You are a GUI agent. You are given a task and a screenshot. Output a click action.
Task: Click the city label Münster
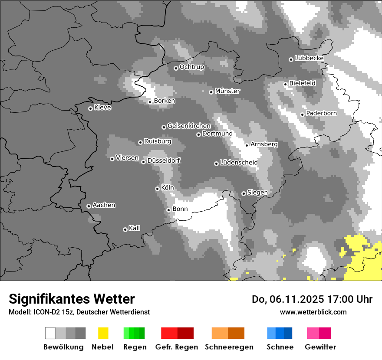pyautogui.click(x=227, y=91)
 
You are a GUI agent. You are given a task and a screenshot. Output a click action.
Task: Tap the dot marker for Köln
pyautogui.click(x=157, y=189)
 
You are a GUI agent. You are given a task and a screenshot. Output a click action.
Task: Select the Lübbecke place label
pyautogui.click(x=309, y=58)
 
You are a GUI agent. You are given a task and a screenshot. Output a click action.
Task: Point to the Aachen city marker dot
pyautogui.click(x=89, y=206)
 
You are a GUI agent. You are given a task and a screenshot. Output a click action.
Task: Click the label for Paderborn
pyautogui.click(x=321, y=113)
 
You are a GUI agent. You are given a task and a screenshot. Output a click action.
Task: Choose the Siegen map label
pyautogui.click(x=257, y=193)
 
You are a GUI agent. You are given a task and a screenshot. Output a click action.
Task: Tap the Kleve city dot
pyautogui.click(x=90, y=108)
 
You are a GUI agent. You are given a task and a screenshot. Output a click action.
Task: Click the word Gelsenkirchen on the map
pyautogui.click(x=189, y=126)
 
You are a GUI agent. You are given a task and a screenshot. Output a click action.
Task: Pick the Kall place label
pyautogui.click(x=135, y=228)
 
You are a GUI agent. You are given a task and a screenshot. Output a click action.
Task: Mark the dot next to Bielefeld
pyautogui.click(x=285, y=84)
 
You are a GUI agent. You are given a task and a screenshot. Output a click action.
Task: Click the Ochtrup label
pyautogui.click(x=192, y=67)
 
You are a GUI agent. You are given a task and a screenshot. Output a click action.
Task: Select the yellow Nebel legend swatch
pyautogui.click(x=103, y=333)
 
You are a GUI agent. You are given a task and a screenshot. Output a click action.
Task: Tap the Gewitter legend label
pyautogui.click(x=320, y=347)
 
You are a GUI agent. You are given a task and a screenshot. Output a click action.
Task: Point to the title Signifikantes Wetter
pyautogui.click(x=72, y=299)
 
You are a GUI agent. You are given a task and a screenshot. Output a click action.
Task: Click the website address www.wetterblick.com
pyautogui.click(x=313, y=312)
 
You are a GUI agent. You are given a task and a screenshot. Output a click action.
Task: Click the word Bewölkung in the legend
pyautogui.click(x=63, y=347)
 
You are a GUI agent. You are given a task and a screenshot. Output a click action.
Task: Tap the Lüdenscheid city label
pyautogui.click(x=239, y=163)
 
